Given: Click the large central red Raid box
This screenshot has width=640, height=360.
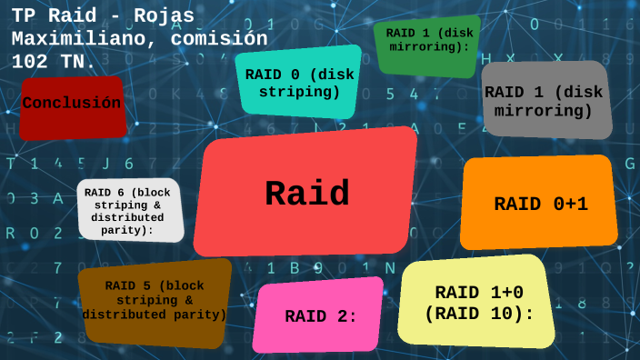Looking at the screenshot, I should point(305,193).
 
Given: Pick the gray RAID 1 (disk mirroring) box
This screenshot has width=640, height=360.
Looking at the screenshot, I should point(545,100).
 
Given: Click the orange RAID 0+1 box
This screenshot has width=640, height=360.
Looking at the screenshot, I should point(539,204).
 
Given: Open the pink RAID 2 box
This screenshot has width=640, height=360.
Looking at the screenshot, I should point(318,315).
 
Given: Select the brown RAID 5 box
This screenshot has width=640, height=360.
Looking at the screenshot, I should point(155,302).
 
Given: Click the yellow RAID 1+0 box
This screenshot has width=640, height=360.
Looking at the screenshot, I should point(477,303).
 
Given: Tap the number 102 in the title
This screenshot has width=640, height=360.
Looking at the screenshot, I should point(30,62).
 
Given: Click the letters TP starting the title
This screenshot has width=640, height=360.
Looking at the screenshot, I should point(24,17).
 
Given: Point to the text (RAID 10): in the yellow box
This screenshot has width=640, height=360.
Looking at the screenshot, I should point(477,314).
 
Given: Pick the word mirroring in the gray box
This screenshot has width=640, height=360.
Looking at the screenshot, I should point(545,111).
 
